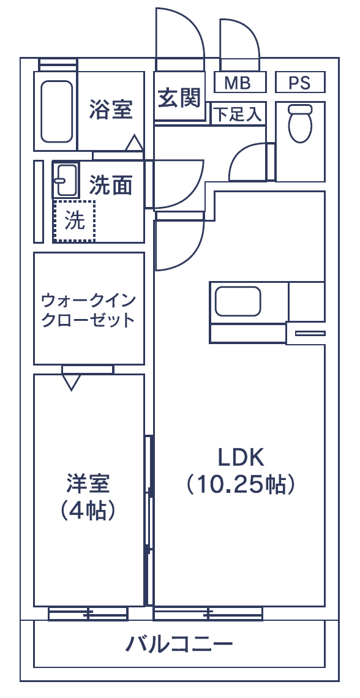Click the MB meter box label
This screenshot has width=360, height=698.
click(237, 83)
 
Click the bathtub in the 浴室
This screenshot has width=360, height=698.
click(56, 111)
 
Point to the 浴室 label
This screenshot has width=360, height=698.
click(111, 109)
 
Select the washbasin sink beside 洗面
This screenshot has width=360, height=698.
click(66, 180)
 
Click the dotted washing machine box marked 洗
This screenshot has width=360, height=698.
click(74, 221)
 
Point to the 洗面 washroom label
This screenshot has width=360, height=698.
click(111, 185)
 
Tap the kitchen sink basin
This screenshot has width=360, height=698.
click(238, 301)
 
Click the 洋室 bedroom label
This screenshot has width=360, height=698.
click(89, 484)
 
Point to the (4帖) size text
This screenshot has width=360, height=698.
click(89, 511)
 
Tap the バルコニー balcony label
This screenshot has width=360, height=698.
click(179, 644)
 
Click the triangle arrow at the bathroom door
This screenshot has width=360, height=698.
click(134, 143)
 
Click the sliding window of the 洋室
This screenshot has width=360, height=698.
click(88, 614)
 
